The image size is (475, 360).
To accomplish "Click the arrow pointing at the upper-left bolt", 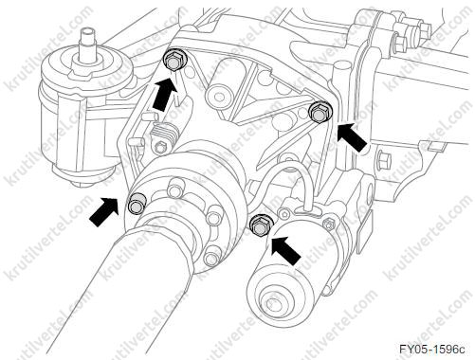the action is (164, 95).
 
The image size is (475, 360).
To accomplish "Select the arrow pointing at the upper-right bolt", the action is (353, 137).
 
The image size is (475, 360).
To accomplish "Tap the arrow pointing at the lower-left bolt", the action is (103, 211).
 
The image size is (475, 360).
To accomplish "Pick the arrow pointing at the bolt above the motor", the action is (285, 249).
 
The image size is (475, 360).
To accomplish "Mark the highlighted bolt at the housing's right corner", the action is (320, 112).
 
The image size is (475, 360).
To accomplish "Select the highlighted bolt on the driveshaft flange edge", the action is (137, 203).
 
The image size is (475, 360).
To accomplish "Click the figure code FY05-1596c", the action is (432, 350).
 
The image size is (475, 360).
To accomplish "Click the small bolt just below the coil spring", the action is (160, 148).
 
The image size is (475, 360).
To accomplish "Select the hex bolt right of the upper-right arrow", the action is (383, 159).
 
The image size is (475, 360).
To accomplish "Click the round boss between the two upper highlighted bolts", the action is (218, 94).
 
